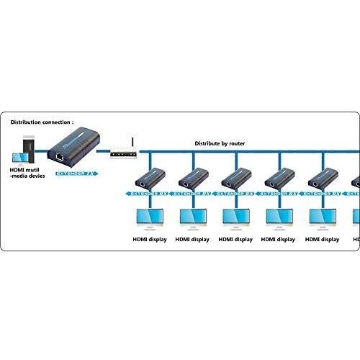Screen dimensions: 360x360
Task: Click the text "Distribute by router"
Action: (x=220, y=143)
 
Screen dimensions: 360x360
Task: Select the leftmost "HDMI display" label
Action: (x=150, y=239)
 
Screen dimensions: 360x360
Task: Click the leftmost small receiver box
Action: (x=150, y=177)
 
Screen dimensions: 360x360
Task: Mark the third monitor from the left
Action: (x=236, y=217)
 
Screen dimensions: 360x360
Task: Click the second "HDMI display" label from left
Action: (x=193, y=239)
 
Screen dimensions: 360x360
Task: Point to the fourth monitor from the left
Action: (x=279, y=217)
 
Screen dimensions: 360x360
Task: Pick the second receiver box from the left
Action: (x=193, y=177)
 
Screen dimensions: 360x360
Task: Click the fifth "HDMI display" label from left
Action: (x=322, y=239)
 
